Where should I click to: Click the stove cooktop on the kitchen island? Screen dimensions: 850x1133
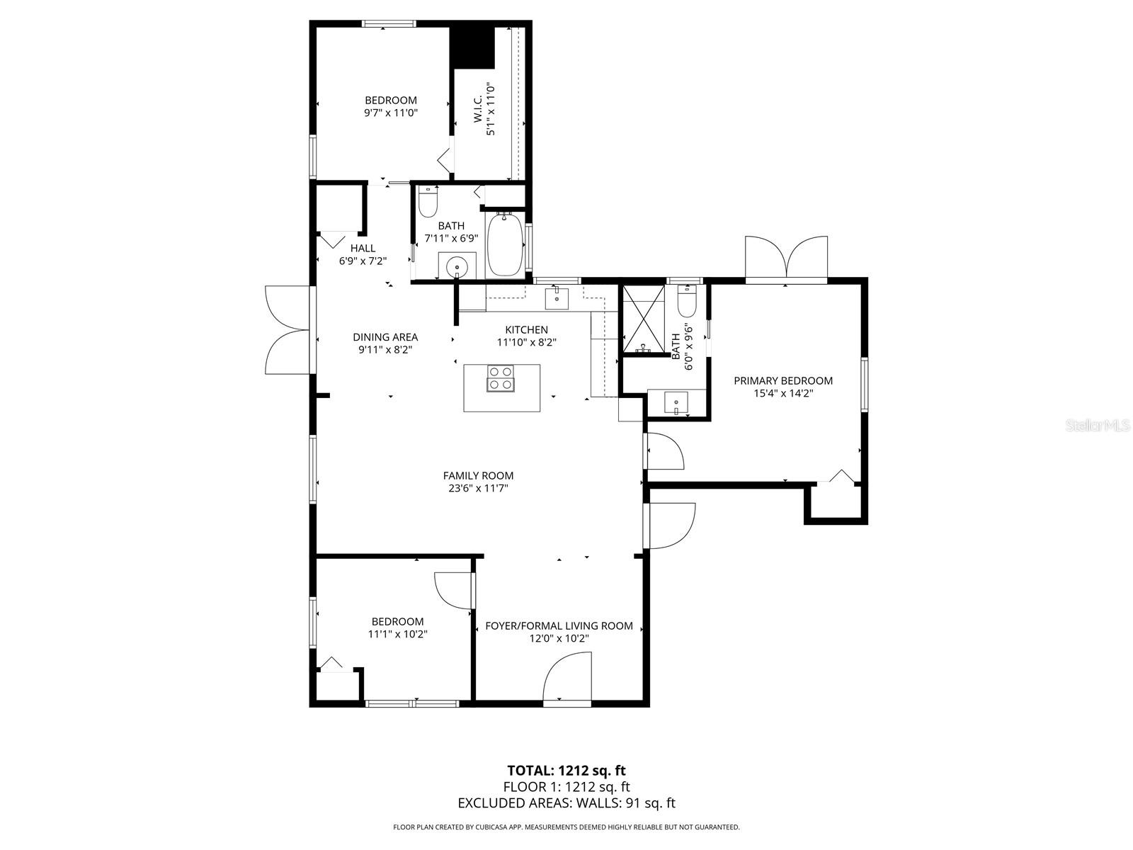[501, 378]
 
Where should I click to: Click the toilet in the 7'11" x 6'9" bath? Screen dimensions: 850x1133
[428, 202]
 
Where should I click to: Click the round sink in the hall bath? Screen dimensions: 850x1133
[457, 266]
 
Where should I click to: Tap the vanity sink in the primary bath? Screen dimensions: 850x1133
[676, 403]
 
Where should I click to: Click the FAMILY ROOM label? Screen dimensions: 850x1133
[478, 475]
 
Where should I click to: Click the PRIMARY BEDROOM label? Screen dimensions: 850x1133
[782, 380]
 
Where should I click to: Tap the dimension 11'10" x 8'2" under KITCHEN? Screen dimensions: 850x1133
[527, 342]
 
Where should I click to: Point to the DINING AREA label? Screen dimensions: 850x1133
[385, 337]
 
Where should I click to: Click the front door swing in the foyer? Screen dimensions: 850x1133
[567, 676]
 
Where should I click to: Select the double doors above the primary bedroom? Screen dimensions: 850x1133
[786, 258]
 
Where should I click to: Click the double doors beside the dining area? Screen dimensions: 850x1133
[287, 329]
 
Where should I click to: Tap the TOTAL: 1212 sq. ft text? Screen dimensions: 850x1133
[566, 770]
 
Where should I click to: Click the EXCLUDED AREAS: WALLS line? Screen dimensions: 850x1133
[566, 803]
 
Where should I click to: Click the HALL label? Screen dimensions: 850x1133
[363, 248]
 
